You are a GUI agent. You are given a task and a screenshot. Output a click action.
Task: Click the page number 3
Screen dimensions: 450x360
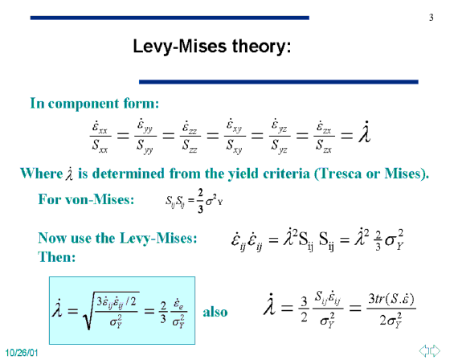tap(431, 18)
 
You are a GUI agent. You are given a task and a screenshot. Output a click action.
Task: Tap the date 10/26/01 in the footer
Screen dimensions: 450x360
tap(22, 353)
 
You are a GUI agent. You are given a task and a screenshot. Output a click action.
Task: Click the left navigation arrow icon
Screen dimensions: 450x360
tap(424, 350)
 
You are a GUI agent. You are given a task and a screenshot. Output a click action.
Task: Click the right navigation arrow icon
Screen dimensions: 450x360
tap(435, 350)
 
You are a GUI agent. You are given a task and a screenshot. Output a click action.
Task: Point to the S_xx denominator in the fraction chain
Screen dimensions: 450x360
tap(100, 145)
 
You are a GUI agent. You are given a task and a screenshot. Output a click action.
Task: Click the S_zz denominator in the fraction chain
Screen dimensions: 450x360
tap(190, 145)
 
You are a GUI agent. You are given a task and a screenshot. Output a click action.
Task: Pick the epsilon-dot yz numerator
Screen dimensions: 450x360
tap(280, 126)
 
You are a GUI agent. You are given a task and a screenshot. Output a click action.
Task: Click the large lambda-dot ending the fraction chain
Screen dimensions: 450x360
tap(365, 133)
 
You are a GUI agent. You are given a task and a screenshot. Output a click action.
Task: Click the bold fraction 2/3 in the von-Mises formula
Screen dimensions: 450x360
tap(200, 201)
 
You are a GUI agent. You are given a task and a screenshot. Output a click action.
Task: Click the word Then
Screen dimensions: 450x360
tap(56, 256)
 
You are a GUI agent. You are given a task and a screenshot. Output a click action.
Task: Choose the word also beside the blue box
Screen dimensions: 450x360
tap(215, 312)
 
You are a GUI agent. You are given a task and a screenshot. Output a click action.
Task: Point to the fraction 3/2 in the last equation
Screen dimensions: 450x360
tap(304, 309)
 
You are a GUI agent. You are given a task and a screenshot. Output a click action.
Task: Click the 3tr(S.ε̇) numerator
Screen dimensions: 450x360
tap(391, 299)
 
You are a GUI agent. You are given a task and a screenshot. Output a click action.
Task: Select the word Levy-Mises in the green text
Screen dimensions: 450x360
tap(158, 239)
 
